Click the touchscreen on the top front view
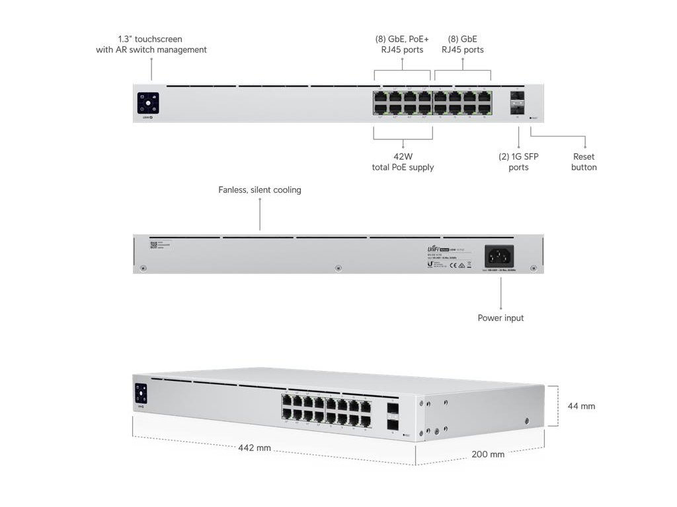pyautogui.click(x=148, y=103)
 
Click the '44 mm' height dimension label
pyautogui.click(x=581, y=406)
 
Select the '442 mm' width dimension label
pyautogui.click(x=255, y=448)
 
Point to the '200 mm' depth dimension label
pyautogui.click(x=488, y=454)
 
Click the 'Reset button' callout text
pyautogui.click(x=584, y=162)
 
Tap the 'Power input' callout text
pyautogui.click(x=500, y=318)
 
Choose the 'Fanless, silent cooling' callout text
pyautogui.click(x=259, y=190)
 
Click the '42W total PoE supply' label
pyautogui.click(x=403, y=162)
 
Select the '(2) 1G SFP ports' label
pyautogui.click(x=518, y=162)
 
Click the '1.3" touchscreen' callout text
pyautogui.click(x=151, y=44)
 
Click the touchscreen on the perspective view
pyautogui.click(x=140, y=393)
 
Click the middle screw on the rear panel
pyautogui.click(x=338, y=268)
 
